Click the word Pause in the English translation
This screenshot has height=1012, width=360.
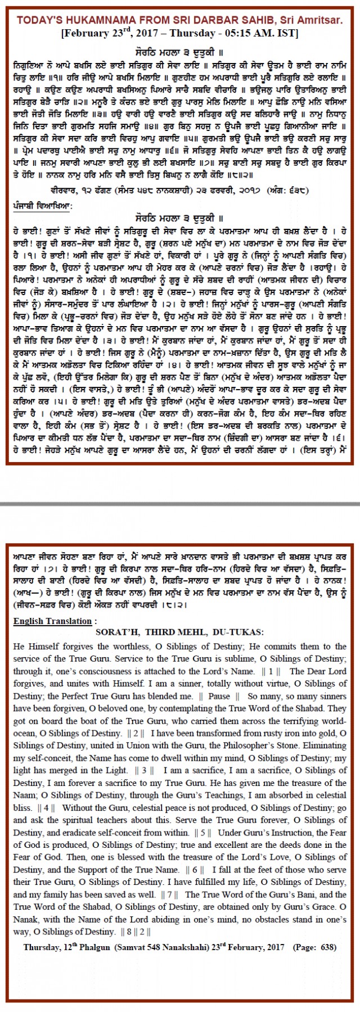(219, 696)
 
